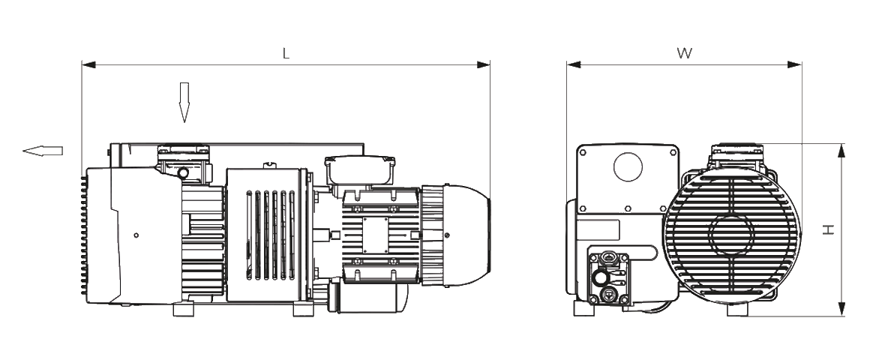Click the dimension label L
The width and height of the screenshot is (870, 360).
pos(286,53)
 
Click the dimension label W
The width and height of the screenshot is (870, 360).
pos(685,53)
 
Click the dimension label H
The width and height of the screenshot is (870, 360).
pos(829,229)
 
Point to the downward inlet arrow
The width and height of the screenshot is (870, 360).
pos(184,103)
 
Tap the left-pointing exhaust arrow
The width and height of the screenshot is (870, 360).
pos(43,150)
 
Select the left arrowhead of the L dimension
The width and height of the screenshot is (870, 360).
pos(88,64)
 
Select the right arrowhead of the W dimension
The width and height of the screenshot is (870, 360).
pos(794,64)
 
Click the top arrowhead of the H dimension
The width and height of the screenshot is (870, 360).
pos(841,151)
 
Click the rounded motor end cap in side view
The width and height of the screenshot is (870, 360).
pos(467,235)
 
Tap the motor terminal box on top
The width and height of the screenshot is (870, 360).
pos(360,170)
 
